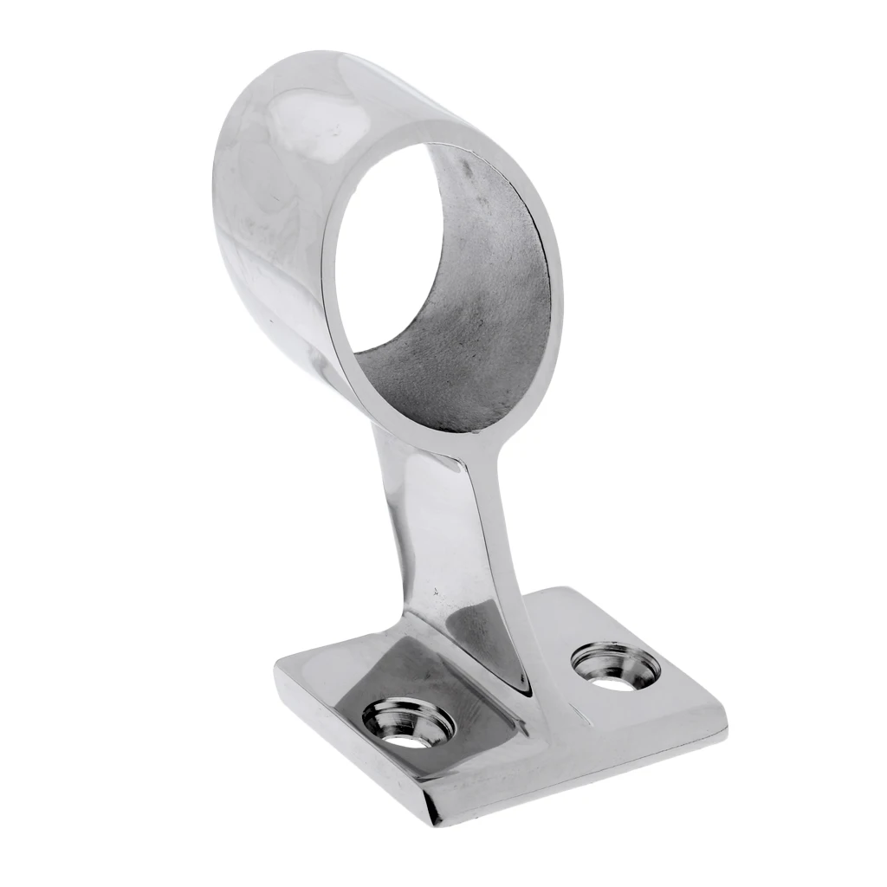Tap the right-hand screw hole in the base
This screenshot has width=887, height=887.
coord(615,666)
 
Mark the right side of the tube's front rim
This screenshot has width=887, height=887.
coord(554,286)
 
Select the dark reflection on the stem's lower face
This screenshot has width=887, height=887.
coord(485,624)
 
